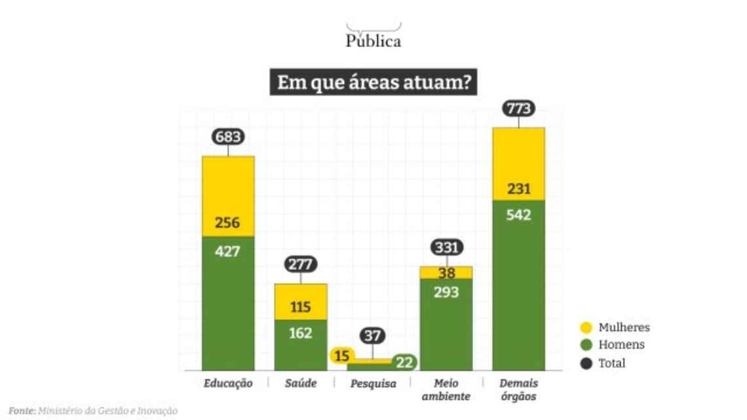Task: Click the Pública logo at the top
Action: click(373, 37)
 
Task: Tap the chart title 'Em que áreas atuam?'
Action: click(373, 84)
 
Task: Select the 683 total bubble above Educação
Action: click(228, 137)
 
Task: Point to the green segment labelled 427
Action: click(228, 301)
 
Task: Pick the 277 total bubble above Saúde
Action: click(301, 265)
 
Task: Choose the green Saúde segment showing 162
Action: click(301, 344)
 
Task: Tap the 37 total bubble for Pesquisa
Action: click(373, 337)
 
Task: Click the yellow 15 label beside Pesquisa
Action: click(342, 356)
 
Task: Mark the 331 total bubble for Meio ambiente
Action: click(446, 248)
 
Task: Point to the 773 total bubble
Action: click(518, 109)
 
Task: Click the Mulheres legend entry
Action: click(615, 328)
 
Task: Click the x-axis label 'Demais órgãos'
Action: click(518, 390)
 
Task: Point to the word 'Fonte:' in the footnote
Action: click(22, 410)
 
